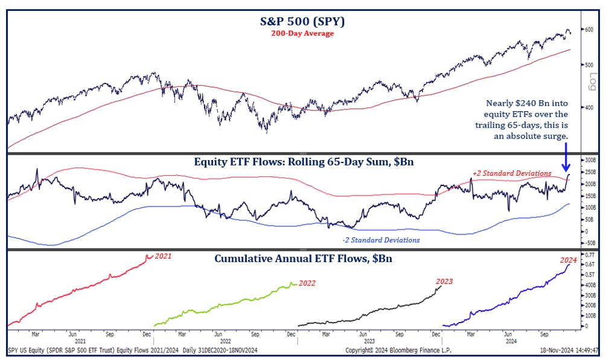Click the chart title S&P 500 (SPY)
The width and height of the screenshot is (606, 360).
click(x=302, y=22)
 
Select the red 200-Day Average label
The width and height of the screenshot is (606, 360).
click(x=303, y=34)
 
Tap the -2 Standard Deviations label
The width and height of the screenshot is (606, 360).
click(x=380, y=240)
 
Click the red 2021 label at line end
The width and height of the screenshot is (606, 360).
click(x=163, y=256)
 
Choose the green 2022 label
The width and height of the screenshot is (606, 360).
click(x=307, y=283)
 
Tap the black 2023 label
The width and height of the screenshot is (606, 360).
click(x=444, y=281)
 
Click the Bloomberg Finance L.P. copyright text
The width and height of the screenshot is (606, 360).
click(x=397, y=350)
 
